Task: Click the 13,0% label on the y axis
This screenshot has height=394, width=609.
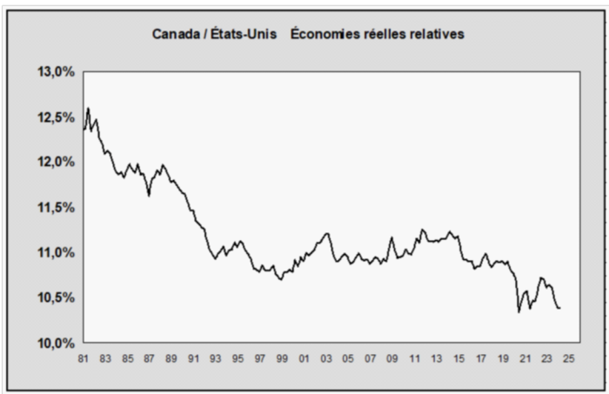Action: [55, 72]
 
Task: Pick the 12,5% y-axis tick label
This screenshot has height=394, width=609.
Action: [55, 117]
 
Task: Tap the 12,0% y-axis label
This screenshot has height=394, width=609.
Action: [55, 163]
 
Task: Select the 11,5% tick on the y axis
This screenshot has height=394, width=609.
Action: [55, 208]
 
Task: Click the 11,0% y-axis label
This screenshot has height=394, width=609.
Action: [55, 253]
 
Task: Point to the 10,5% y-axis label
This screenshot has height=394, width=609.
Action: [55, 298]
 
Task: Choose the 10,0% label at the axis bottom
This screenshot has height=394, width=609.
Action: [55, 343]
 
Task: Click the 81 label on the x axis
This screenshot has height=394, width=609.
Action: [84, 357]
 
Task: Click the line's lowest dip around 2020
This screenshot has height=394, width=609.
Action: [519, 311]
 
